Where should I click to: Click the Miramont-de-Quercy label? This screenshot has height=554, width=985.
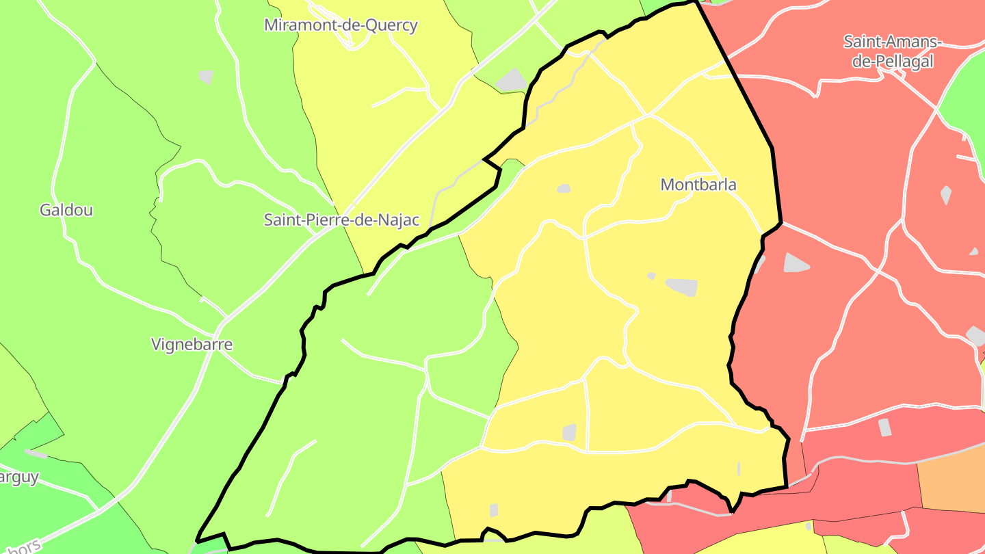(x=341, y=25)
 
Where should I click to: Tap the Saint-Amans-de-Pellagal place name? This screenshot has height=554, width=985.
(x=892, y=51)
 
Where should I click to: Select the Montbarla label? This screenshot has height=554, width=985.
(x=698, y=185)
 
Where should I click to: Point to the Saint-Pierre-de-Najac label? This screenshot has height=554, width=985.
(x=341, y=220)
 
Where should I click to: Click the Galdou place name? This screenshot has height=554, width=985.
(x=66, y=210)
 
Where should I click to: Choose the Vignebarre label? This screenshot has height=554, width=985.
(x=192, y=345)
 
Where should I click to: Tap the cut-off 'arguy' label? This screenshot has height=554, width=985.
(x=19, y=477)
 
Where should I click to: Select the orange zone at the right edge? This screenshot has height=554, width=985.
(x=952, y=485)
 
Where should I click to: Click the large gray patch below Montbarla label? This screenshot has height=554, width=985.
(x=682, y=287)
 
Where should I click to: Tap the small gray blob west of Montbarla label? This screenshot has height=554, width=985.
(x=564, y=188)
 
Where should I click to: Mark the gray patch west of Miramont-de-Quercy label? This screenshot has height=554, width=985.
(x=206, y=77)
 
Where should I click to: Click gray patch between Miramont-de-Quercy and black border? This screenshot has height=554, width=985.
(x=512, y=80)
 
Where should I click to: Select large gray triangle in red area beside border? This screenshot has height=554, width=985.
(x=796, y=263)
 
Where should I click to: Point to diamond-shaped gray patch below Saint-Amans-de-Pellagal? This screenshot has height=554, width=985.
(x=946, y=195)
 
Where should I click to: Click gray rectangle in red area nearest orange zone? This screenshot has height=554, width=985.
(x=884, y=427)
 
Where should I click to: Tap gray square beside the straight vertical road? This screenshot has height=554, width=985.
(x=569, y=432)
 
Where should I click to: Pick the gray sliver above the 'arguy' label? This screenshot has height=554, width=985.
(x=36, y=453)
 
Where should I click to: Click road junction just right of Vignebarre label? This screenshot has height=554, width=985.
(x=225, y=319)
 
